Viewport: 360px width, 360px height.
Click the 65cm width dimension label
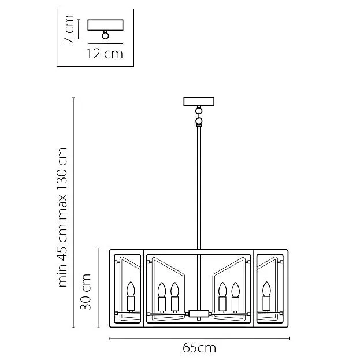(199, 348)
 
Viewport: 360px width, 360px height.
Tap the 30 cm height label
(86, 291)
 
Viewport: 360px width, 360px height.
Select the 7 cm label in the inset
(69, 29)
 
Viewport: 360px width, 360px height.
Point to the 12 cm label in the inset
(105, 54)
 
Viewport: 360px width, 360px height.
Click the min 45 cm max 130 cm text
(62, 217)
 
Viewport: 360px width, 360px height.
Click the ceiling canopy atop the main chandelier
(199, 102)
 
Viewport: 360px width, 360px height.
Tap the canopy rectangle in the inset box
(106, 25)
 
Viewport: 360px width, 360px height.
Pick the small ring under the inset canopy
(105, 35)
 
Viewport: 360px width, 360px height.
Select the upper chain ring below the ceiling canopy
(199, 112)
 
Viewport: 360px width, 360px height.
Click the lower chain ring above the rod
(199, 121)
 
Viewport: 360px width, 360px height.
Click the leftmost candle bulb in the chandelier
(131, 289)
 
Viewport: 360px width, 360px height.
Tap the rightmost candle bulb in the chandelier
(266, 289)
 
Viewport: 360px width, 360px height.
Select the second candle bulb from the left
(162, 290)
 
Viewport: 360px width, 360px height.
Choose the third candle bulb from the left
(175, 290)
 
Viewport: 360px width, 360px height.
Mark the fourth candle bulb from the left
(222, 290)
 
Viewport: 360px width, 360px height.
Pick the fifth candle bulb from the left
(235, 290)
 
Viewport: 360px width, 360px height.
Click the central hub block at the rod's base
(199, 313)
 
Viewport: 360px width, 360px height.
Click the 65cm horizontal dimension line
(199, 338)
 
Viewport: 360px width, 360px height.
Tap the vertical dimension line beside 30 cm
(98, 288)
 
